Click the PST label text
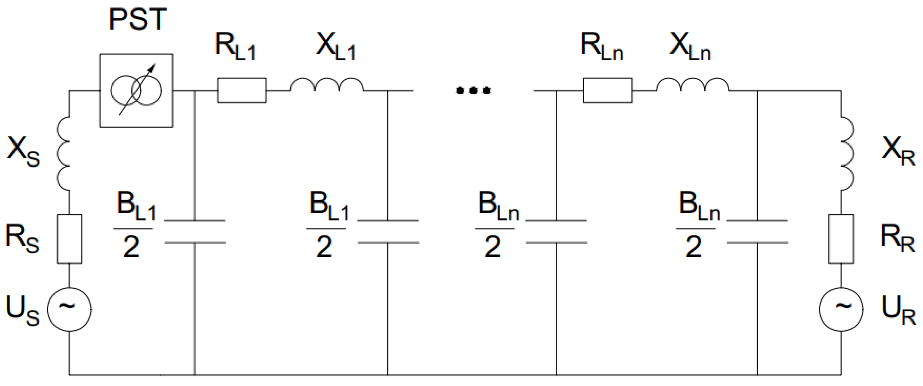pyautogui.click(x=138, y=19)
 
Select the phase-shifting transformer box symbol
pyautogui.click(x=136, y=90)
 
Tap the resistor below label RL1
pyautogui.click(x=242, y=90)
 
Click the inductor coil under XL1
pyautogui.click(x=327, y=85)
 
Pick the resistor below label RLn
pyautogui.click(x=607, y=90)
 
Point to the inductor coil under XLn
pyautogui.click(x=692, y=85)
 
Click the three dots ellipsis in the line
pyautogui.click(x=473, y=91)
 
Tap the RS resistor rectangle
pyautogui.click(x=69, y=239)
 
